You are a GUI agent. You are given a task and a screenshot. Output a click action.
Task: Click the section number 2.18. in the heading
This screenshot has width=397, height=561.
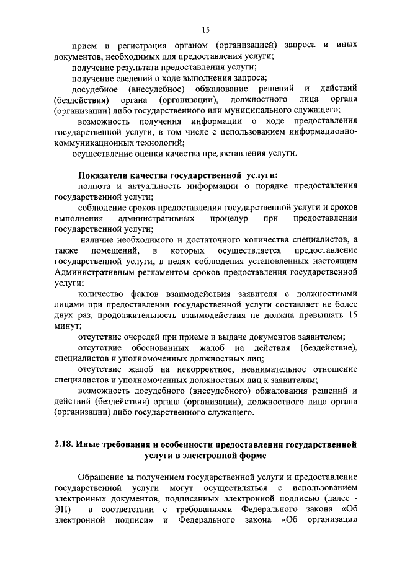pos(64,445)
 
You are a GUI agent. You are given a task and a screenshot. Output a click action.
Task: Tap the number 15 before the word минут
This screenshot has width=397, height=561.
pos(352,315)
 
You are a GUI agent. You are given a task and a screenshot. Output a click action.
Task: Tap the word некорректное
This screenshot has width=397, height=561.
pos(163,369)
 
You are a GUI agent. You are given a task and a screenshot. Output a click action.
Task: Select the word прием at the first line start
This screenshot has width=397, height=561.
pos(84,46)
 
